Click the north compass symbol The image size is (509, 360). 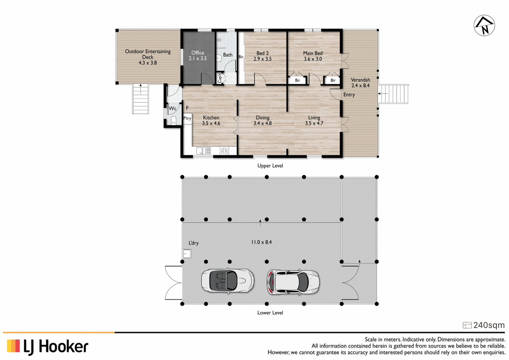[x=484, y=25]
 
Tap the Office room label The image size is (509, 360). [x=198, y=53]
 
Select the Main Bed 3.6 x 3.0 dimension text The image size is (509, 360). [x=313, y=59]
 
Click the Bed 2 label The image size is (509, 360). [x=262, y=53]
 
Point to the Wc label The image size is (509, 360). [x=173, y=108]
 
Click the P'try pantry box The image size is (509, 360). [x=187, y=118]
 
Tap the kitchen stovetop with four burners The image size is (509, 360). [x=224, y=151]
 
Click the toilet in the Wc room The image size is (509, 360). [x=174, y=120]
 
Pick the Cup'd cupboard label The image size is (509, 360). [x=219, y=78]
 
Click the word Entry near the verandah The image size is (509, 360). [x=349, y=95]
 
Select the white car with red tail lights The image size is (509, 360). [x=293, y=282]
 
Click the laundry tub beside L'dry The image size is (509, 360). [x=187, y=253]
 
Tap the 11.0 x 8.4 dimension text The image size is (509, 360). [x=261, y=242]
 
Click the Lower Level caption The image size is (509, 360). [x=270, y=313]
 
